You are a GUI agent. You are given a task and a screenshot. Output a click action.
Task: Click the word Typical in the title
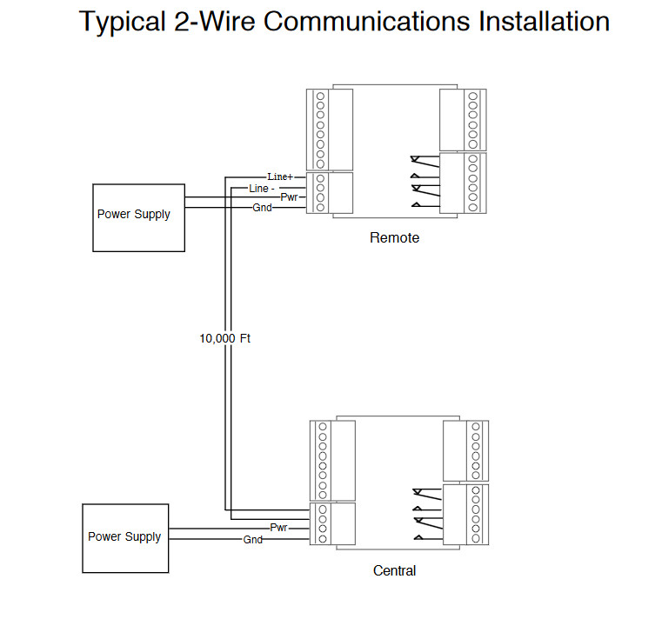(x=122, y=22)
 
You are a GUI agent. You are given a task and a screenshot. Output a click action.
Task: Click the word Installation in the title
(x=544, y=21)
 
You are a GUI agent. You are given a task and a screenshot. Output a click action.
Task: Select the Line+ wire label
(x=280, y=177)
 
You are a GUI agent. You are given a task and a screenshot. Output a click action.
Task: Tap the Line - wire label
(x=262, y=189)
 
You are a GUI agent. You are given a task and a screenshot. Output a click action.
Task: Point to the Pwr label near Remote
(x=289, y=197)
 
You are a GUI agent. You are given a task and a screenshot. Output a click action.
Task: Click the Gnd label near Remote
(x=263, y=208)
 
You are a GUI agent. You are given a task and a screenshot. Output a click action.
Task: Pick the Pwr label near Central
(x=278, y=528)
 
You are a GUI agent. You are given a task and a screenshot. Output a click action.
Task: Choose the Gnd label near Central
(x=253, y=540)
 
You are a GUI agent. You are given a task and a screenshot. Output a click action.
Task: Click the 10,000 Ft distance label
(x=224, y=338)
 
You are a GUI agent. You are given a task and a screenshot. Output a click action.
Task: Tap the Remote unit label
(x=394, y=237)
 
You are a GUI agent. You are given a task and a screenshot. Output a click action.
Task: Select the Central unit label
(x=394, y=570)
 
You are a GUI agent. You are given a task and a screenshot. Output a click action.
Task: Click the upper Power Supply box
(x=138, y=218)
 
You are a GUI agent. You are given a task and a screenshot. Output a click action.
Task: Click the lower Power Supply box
(x=125, y=538)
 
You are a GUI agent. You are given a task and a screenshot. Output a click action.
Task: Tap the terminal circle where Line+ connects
(x=320, y=178)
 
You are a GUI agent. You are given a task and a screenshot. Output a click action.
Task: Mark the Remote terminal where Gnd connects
(x=320, y=208)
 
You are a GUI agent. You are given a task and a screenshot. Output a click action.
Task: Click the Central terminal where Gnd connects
(x=323, y=539)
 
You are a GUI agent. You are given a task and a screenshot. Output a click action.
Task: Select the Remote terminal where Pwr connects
(x=320, y=197)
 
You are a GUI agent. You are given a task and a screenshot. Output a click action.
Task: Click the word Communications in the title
(x=366, y=21)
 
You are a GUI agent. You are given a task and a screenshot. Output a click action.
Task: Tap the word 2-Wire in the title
(x=214, y=21)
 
